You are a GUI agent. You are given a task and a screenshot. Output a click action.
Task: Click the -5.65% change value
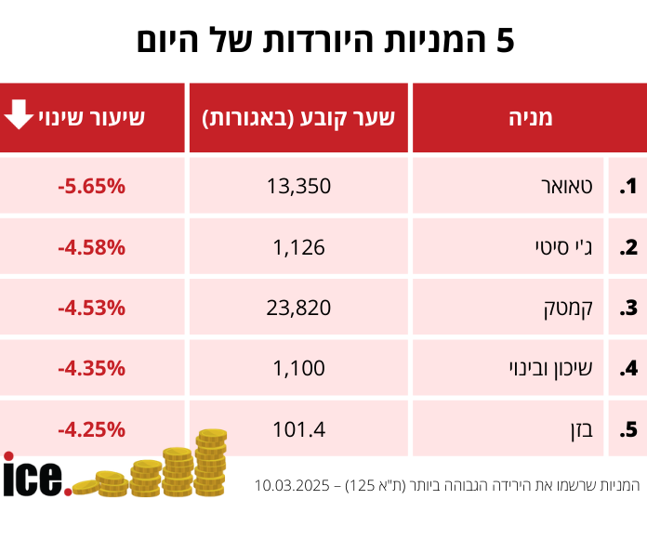coord(91,186)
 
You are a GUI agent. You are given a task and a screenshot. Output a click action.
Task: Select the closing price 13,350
coord(298,186)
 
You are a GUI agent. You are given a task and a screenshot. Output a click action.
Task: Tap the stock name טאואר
coord(565,186)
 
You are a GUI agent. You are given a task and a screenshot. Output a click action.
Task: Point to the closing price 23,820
coord(298,308)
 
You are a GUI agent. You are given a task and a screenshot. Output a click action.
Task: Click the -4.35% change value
coord(91,368)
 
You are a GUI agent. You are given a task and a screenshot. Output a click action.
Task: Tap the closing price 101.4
coord(298,429)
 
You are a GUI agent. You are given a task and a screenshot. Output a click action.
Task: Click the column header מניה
coord(531,118)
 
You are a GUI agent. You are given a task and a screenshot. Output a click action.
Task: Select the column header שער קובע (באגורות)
coord(298,118)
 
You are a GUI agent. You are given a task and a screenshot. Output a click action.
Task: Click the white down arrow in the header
coord(19,115)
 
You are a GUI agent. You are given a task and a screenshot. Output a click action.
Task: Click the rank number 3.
coord(628,308)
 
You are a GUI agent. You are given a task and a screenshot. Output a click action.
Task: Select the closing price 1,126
coord(298,247)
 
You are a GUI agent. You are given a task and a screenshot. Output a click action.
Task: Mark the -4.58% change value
coord(91,247)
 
